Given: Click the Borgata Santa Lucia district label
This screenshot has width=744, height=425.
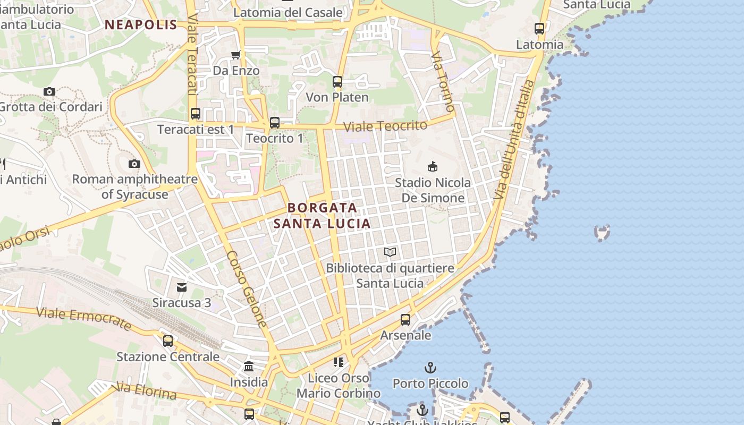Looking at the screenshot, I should tap(322, 215).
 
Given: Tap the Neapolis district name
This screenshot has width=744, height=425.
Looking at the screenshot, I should tap(141, 24).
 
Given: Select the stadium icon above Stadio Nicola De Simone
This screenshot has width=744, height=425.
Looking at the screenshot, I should tap(433, 166).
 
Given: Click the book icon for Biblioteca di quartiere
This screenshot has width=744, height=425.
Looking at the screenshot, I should tap(390, 252).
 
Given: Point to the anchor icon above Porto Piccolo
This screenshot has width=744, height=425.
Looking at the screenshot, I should tap(430, 367).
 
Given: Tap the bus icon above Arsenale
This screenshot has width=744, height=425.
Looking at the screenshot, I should tap(405, 320).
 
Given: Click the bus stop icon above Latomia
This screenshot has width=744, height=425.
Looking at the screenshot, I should tap(539, 29).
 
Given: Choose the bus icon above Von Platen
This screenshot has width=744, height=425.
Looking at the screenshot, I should tap(337, 82).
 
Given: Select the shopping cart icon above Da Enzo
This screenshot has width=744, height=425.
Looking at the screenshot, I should tap(236, 55).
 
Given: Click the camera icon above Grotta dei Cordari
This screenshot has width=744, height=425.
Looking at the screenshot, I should tap(49, 91).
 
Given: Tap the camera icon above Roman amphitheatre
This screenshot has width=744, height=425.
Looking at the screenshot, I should tap(134, 164).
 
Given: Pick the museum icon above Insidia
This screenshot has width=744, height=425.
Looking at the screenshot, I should tap(249, 366).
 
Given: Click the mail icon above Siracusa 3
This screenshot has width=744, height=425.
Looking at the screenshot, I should tap(182, 287).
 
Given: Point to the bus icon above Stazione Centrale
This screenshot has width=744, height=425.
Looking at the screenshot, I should tap(168, 341).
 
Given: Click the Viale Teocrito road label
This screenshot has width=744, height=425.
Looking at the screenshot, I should tap(385, 126).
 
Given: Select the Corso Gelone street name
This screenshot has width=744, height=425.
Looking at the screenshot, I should tap(247, 288).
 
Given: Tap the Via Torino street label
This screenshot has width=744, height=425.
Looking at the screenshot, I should tap(443, 81).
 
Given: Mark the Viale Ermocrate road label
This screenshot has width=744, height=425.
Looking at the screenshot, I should tap(83, 318).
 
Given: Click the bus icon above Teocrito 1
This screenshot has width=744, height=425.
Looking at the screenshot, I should tap(275, 123).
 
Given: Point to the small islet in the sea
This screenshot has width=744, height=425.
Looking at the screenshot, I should tap(602, 232).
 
